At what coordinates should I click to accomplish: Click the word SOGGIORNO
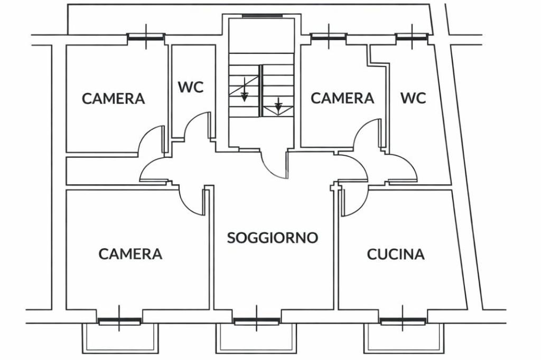tap(273, 238)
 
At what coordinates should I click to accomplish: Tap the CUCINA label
tap(396, 254)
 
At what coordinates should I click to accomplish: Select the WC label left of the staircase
tap(191, 87)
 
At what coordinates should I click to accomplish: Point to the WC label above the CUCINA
tap(413, 98)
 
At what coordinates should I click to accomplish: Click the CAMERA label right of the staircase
tap(342, 98)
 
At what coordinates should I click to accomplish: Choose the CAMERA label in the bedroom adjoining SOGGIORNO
tap(130, 254)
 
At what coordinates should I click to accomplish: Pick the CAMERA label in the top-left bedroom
tap(114, 99)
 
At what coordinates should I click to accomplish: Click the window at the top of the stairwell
tap(261, 16)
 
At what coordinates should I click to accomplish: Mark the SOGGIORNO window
tap(257, 321)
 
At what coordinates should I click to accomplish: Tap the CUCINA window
tap(403, 321)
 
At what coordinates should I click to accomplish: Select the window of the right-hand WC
tap(412, 36)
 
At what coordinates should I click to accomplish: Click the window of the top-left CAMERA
tap(146, 37)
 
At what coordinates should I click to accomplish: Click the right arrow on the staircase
tap(278, 106)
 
